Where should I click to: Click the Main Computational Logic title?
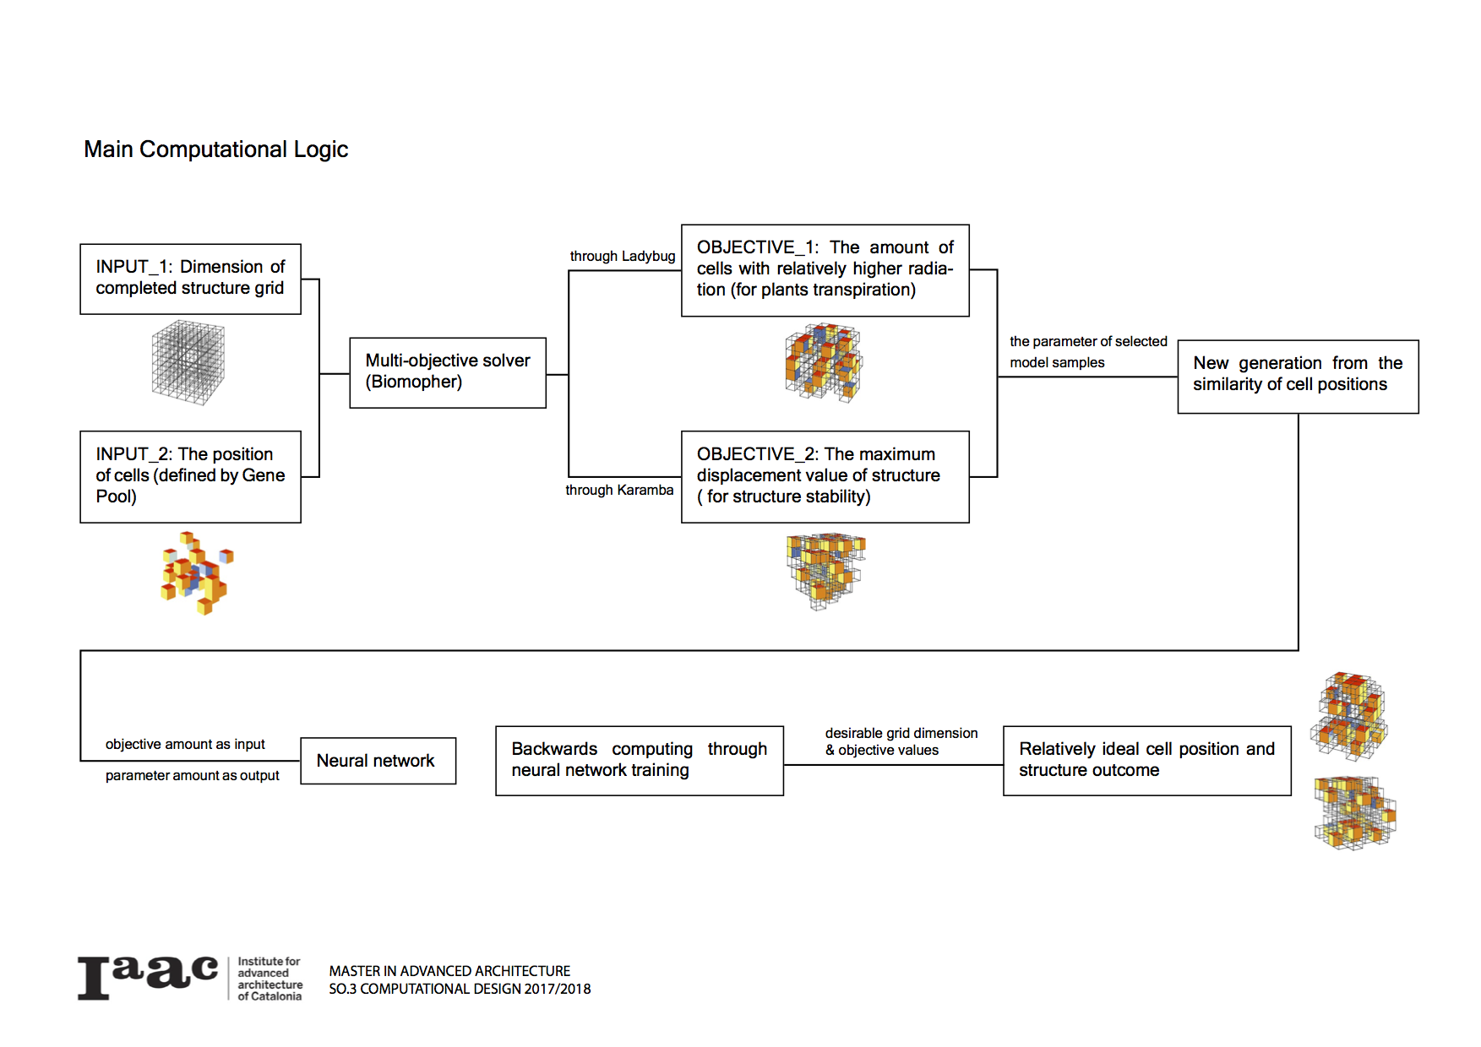coord(215,149)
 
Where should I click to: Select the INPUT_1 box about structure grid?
coord(190,279)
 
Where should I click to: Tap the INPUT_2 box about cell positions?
coord(190,476)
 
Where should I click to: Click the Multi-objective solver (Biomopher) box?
coord(448,372)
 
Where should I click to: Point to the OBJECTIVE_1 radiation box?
coord(825,270)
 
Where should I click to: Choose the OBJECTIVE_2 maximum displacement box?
coord(825,476)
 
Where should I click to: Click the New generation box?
coord(1298,376)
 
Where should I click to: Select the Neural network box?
coord(378,761)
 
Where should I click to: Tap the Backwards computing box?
coord(639,760)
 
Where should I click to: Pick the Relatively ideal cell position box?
coord(1146,760)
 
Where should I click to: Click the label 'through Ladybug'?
coord(623,256)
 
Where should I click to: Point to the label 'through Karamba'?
coord(619,490)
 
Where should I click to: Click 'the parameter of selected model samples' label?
coord(1087,351)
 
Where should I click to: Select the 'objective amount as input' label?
coord(185,744)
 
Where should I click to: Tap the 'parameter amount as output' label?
coord(192,775)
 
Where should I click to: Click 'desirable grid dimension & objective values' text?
coord(901,741)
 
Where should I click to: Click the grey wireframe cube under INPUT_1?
coord(188,361)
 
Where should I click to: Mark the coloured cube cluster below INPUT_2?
coord(197,572)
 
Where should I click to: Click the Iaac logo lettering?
coord(148,978)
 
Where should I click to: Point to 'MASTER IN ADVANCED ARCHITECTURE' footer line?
coord(449,971)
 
